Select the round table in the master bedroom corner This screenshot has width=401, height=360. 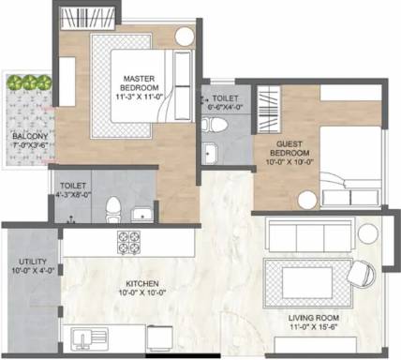(184, 37)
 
